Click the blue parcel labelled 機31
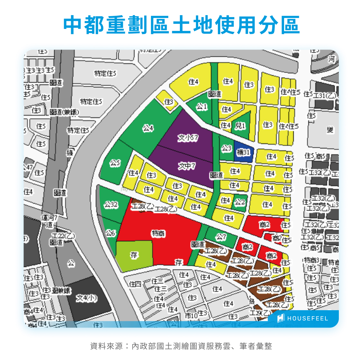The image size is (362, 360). pyautogui.click(x=244, y=152)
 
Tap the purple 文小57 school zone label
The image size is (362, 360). pyautogui.click(x=188, y=138)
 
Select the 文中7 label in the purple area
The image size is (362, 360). pyautogui.click(x=187, y=166)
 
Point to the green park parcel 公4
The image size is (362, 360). pyautogui.click(x=148, y=128)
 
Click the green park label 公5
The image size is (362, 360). pyautogui.click(x=115, y=163)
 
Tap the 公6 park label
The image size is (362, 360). pyautogui.click(x=110, y=233)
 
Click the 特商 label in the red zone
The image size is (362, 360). pyautogui.click(x=158, y=233)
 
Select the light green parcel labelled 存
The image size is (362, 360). pyautogui.click(x=134, y=255)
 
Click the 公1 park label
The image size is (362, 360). pyautogui.click(x=202, y=106)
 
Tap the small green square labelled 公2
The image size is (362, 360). pyautogui.click(x=240, y=202)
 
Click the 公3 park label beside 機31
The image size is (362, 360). pyautogui.click(x=227, y=148)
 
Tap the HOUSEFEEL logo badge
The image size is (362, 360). pyautogui.click(x=303, y=318)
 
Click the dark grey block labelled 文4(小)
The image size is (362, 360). pyautogui.click(x=87, y=298)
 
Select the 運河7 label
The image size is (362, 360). pyautogui.click(x=50, y=218)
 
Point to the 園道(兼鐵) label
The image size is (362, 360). pyautogui.click(x=64, y=112)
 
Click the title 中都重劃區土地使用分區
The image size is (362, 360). pyautogui.click(x=181, y=25)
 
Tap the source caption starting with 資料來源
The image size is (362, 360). pyautogui.click(x=181, y=346)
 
